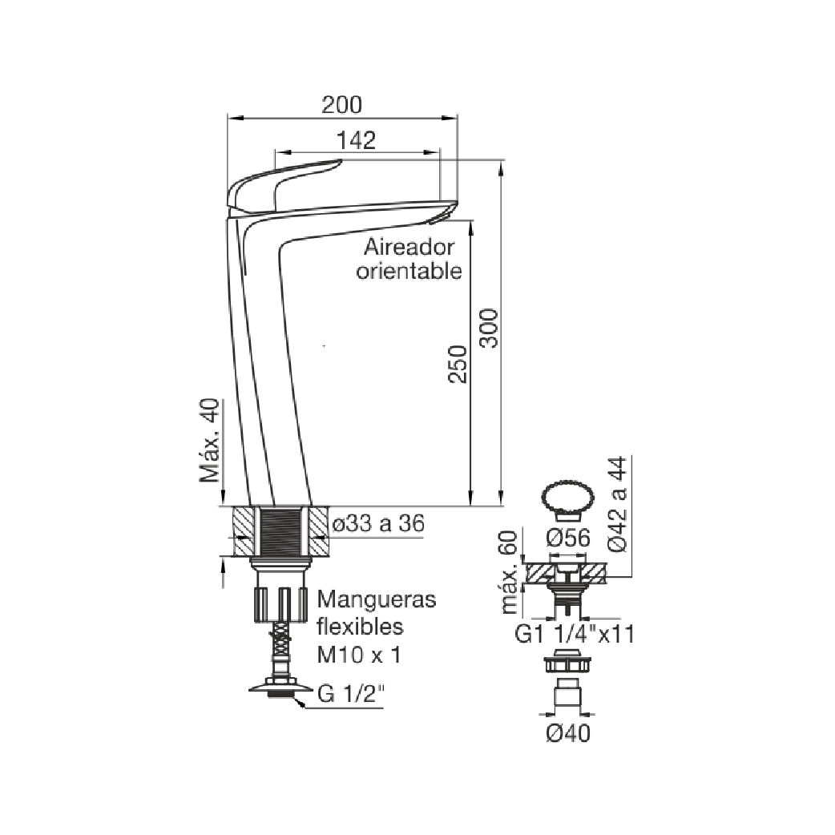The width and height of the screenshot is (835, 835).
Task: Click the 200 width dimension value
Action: coord(342,104)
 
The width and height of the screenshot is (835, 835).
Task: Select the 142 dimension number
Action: coord(357,140)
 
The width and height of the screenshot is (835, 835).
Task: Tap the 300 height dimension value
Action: coord(489,328)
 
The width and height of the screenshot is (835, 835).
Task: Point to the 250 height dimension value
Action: coord(458,365)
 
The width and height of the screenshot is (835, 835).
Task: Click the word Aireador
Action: coord(409,247)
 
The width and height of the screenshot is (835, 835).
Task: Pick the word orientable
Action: coord(409,271)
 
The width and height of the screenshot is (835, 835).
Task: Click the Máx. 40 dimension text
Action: coord(209,441)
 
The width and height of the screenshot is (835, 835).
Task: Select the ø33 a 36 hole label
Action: coord(378,523)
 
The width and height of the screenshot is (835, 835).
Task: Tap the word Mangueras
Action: coord(377,599)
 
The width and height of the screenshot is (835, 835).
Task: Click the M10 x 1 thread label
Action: coord(359,655)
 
